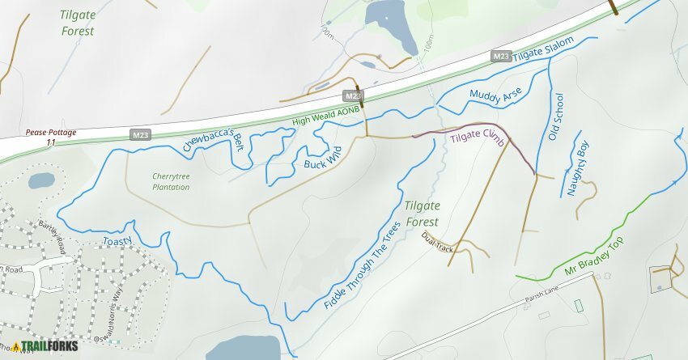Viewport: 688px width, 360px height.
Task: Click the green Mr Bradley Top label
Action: (595, 255)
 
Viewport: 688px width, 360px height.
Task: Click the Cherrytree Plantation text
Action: (170, 181)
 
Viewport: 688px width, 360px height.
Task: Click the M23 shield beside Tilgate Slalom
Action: (501, 56)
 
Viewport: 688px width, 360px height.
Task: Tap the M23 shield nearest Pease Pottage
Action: (140, 135)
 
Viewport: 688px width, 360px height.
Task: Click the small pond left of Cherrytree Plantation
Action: (40, 180)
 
